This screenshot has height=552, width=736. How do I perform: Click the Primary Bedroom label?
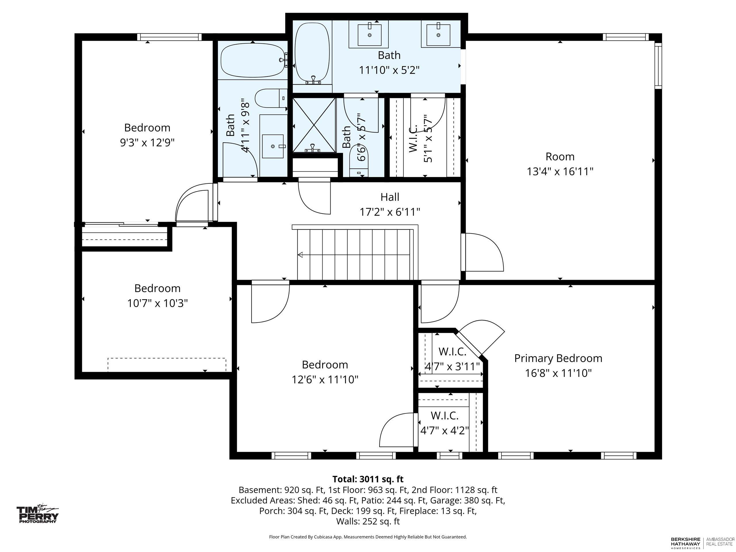[x=558, y=358]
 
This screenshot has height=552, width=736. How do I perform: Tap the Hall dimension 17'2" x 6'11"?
[x=390, y=212]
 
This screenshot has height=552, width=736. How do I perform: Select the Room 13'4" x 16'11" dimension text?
[x=560, y=171]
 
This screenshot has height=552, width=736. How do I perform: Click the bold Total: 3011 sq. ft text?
[x=368, y=479]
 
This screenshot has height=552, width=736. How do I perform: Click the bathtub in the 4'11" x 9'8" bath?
[x=254, y=60]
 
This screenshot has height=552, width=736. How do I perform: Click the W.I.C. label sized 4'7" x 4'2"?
[x=444, y=415]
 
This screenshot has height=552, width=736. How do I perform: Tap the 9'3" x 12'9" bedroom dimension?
[x=147, y=142]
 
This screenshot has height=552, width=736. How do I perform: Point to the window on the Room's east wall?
[x=658, y=66]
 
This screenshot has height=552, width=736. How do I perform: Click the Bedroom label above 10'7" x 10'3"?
[x=157, y=288]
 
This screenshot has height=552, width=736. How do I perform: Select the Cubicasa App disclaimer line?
[x=368, y=537]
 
